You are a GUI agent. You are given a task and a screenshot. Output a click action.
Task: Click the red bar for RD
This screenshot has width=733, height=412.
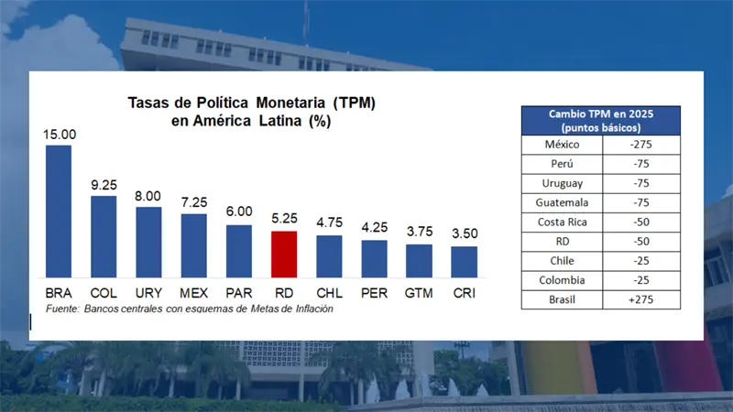click(284, 255)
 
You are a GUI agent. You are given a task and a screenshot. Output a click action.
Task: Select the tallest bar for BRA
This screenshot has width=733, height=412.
click(59, 211)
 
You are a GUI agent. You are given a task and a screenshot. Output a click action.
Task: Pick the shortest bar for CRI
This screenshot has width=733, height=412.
click(464, 262)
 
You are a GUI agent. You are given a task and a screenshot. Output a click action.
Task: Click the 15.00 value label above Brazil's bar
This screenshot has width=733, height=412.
click(59, 135)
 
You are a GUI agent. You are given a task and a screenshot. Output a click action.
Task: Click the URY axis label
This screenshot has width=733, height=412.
click(148, 293)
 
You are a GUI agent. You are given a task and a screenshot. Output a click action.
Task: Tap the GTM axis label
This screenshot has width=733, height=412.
click(419, 293)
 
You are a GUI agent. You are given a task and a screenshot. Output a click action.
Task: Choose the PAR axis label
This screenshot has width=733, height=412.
click(238, 293)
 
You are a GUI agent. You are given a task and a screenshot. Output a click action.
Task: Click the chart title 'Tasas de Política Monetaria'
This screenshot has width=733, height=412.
click(250, 103)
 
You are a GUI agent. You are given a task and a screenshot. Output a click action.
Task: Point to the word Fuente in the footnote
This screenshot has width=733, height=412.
click(58, 309)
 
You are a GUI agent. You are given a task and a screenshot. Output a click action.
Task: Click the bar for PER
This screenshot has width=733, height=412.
click(374, 259)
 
